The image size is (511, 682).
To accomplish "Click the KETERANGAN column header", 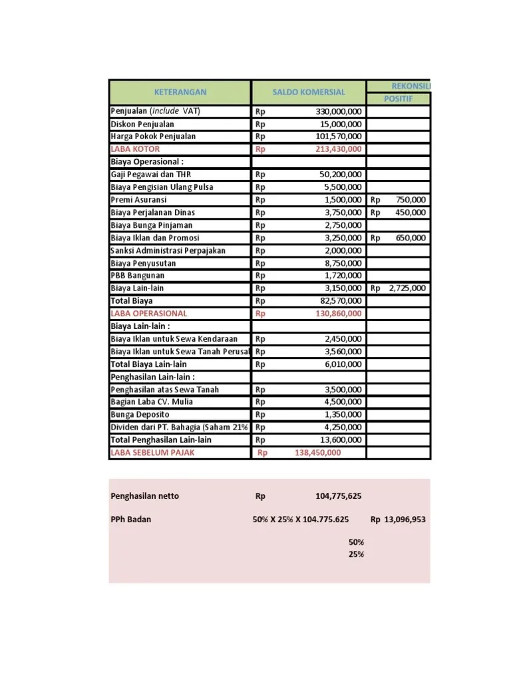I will pos(180,92).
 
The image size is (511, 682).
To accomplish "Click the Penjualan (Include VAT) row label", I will pos(154,111).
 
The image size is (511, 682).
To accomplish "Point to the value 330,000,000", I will pos(339,111).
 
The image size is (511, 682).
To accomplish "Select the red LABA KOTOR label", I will pos(135,149).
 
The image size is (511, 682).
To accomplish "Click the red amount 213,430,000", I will pos(339,149).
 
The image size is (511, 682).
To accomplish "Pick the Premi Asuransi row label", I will pos(138,200).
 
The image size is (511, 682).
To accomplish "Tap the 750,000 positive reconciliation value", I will pos(410,200).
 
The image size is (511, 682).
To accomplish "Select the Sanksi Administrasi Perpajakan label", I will pos(168,250).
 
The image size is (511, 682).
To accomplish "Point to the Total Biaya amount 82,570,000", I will pos(341,301).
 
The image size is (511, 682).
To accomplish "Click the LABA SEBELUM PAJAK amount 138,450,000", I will pos(317,453).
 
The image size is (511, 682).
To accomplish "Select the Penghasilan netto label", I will pos(144,496).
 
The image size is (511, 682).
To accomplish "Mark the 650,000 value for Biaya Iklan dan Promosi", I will pos(410,238).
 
